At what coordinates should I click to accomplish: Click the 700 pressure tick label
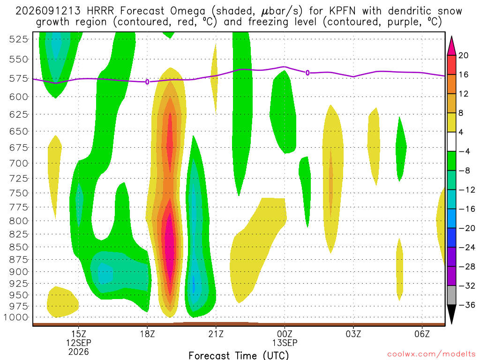pos(18,163)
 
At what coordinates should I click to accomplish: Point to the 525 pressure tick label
pos(18,39)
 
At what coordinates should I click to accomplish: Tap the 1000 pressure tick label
pos(16,317)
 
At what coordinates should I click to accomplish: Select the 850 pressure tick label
pos(18,247)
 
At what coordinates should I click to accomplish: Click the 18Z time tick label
pos(147,334)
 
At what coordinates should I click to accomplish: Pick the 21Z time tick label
pos(216,334)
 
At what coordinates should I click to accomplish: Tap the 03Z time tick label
pos(353,334)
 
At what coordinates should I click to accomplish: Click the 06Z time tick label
pos(422,334)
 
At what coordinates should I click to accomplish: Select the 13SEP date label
pos(285,343)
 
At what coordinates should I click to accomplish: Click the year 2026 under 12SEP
pos(79,352)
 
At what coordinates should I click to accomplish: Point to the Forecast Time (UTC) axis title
pos(239,355)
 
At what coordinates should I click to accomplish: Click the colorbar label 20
pos(464,55)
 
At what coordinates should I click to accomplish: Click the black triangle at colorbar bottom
pos(451,314)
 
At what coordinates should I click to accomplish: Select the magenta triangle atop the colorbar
pos(451,46)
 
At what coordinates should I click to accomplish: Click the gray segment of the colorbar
pos(451,295)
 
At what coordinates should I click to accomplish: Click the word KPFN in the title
pos(342,11)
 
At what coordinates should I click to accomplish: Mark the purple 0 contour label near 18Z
pos(147,82)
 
